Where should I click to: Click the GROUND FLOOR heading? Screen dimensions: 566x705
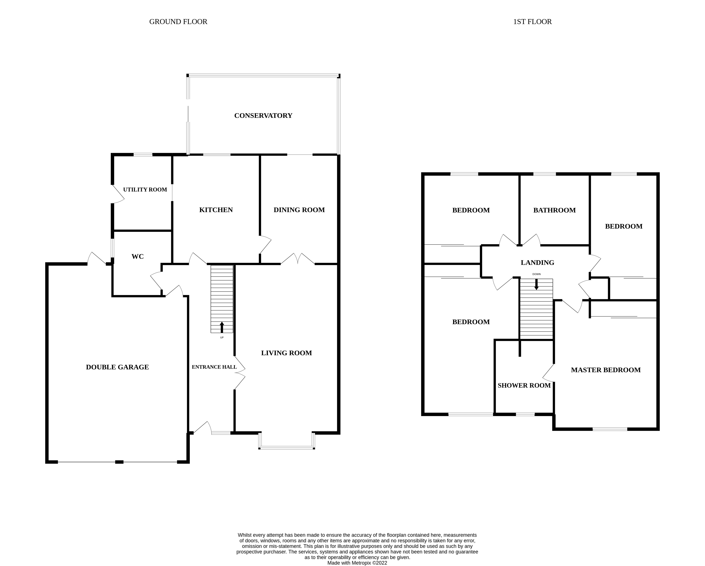click(178, 22)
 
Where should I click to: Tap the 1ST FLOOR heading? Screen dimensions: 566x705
click(532, 22)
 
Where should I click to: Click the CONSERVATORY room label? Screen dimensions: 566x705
click(263, 115)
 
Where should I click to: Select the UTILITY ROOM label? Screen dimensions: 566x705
click(145, 189)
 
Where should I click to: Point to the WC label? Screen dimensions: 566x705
click(137, 256)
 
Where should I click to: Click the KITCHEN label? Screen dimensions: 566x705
click(216, 210)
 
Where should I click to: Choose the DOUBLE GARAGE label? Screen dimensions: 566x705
click(117, 367)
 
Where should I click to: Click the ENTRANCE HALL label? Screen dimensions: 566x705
click(214, 367)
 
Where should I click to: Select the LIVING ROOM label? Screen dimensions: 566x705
click(286, 353)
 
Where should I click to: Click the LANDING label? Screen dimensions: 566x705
click(537, 262)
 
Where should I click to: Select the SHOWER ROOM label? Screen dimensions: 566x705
click(524, 386)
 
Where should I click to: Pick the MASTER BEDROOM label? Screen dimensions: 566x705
click(606, 370)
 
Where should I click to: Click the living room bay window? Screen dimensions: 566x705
click(286, 447)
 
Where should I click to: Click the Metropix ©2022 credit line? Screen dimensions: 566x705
click(357, 563)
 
